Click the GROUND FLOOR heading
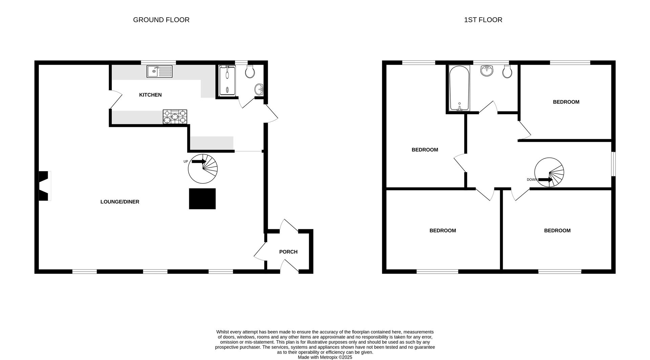click(x=161, y=20)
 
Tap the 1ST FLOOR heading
click(x=483, y=20)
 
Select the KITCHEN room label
click(x=150, y=95)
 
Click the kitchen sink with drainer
click(x=159, y=71)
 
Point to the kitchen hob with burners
click(x=175, y=117)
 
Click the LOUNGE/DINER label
click(x=120, y=202)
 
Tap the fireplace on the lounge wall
click(x=44, y=186)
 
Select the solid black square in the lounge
click(x=202, y=199)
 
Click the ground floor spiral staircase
click(x=203, y=169)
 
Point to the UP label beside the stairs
click(x=186, y=162)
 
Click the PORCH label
click(x=288, y=252)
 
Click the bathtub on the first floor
click(x=459, y=88)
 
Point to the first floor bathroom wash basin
click(x=486, y=71)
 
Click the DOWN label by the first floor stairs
click(x=532, y=179)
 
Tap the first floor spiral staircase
click(x=549, y=172)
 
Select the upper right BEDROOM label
click(x=566, y=102)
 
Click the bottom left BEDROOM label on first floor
click(x=442, y=231)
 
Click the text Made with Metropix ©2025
click(x=325, y=357)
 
